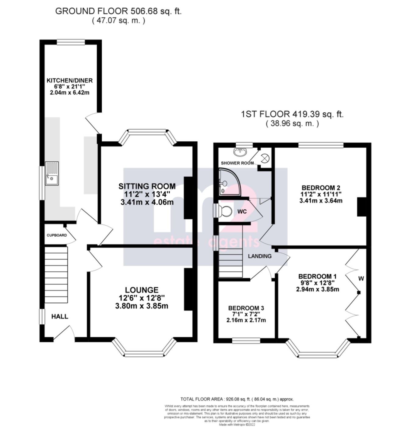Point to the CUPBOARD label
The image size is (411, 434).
57,235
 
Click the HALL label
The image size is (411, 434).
60,316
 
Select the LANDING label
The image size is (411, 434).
260,256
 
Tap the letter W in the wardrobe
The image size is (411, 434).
361,278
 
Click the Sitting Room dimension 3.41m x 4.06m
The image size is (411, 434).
147,202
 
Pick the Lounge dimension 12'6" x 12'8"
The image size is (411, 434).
142,298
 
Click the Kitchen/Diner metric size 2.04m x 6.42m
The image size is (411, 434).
69,93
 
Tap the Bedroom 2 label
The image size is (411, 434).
321,188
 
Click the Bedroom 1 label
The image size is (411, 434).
317,276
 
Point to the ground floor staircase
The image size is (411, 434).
56,274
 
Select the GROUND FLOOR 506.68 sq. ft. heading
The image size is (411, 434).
118,11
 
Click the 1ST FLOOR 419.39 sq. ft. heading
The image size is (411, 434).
292,114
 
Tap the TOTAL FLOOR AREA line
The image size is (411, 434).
237,399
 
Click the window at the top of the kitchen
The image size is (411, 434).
71,42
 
